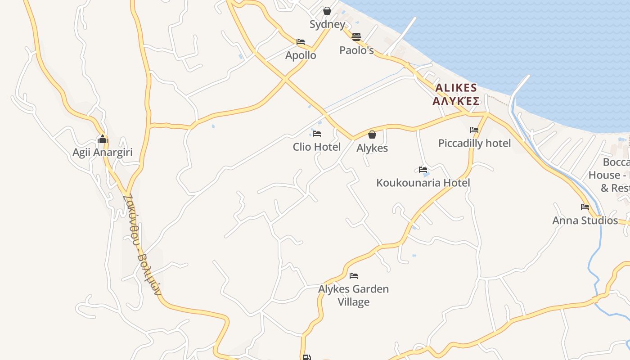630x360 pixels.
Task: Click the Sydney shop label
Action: (x=327, y=24)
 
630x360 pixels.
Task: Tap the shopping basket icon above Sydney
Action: (x=327, y=11)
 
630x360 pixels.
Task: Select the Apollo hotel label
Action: (x=301, y=55)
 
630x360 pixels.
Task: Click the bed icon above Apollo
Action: (x=301, y=42)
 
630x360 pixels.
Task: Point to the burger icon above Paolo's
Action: (x=356, y=36)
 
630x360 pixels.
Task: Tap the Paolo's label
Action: (x=356, y=50)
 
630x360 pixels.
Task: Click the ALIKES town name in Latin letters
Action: (x=455, y=88)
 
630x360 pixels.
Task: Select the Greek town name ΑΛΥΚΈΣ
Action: (x=455, y=101)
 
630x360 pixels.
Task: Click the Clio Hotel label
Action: (x=317, y=147)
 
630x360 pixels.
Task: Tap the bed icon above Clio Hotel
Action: (x=317, y=134)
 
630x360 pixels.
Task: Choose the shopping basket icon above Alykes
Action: (x=372, y=135)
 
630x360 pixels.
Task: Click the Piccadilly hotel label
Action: (x=474, y=143)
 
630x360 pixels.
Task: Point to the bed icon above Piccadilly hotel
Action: (x=474, y=130)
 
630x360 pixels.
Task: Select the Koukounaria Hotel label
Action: (x=423, y=183)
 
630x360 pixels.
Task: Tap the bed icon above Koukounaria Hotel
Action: (x=423, y=170)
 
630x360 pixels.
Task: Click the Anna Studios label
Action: (x=585, y=220)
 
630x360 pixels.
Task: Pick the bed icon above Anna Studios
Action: (x=585, y=207)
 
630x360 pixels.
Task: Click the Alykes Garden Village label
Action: (x=354, y=295)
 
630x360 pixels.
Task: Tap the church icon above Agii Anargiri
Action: (x=103, y=139)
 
